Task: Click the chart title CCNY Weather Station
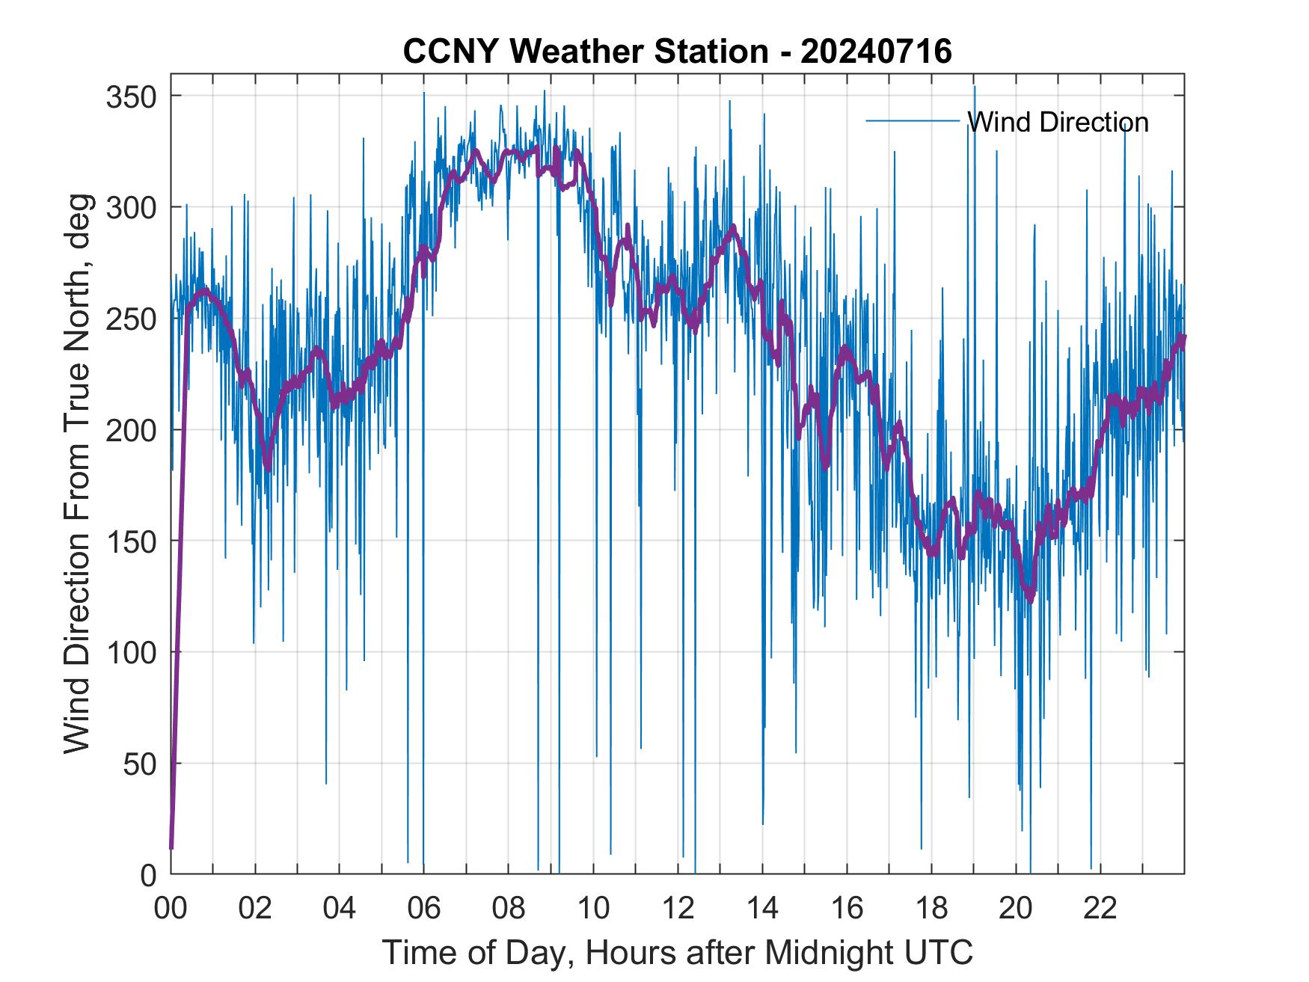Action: point(585,52)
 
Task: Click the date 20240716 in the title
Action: point(876,52)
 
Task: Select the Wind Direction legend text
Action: point(1058,122)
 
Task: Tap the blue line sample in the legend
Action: point(913,120)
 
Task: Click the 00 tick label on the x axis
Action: point(171,909)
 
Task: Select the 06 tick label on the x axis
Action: point(424,909)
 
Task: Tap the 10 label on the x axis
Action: point(593,909)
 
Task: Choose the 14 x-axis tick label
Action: point(762,909)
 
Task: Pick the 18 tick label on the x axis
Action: point(931,909)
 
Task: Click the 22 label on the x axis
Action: point(1100,909)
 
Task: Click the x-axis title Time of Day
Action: point(678,952)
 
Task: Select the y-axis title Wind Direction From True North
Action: point(76,473)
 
